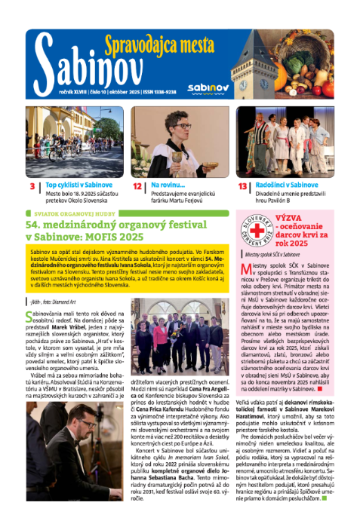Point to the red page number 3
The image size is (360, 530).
pos(34,186)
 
